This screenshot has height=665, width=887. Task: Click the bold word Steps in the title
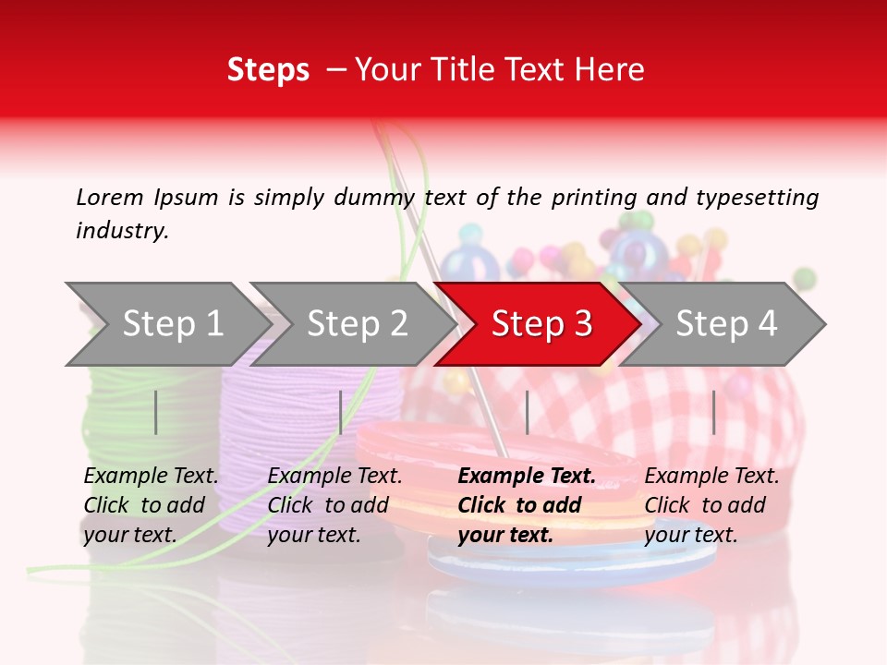pyautogui.click(x=268, y=70)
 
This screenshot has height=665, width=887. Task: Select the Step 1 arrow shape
pyautogui.click(x=166, y=323)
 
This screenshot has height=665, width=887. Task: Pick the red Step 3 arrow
pyautogui.click(x=541, y=323)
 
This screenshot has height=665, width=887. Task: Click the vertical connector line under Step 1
pyautogui.click(x=156, y=412)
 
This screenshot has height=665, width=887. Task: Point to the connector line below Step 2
pyautogui.click(x=341, y=412)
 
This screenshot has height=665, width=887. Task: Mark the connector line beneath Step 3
pyautogui.click(x=528, y=412)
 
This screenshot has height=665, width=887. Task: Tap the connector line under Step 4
pyautogui.click(x=713, y=412)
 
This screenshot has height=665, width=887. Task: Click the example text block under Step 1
pyautogui.click(x=151, y=505)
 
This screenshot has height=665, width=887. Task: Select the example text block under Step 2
pyautogui.click(x=334, y=505)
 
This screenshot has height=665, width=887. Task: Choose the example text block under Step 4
pyautogui.click(x=711, y=505)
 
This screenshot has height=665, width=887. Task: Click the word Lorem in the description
pyautogui.click(x=110, y=197)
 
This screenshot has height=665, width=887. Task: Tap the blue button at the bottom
pyautogui.click(x=573, y=560)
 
